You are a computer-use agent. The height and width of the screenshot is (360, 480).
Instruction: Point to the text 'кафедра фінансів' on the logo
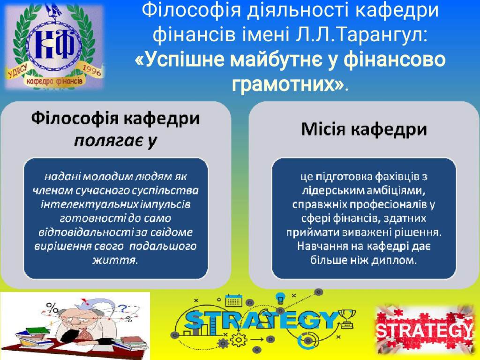tap(54, 82)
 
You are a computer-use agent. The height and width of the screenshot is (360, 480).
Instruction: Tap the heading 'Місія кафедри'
tap(364, 129)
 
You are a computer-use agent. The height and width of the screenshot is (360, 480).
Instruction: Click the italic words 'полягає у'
tap(115, 141)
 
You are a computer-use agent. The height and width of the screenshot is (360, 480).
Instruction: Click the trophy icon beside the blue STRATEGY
tap(347, 318)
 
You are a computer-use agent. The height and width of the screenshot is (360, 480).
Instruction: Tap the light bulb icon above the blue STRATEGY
tap(281, 298)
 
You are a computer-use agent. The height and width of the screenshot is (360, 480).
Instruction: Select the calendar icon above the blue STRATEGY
tap(233, 300)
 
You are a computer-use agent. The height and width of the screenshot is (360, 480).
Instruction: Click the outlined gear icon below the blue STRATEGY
tap(238, 340)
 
